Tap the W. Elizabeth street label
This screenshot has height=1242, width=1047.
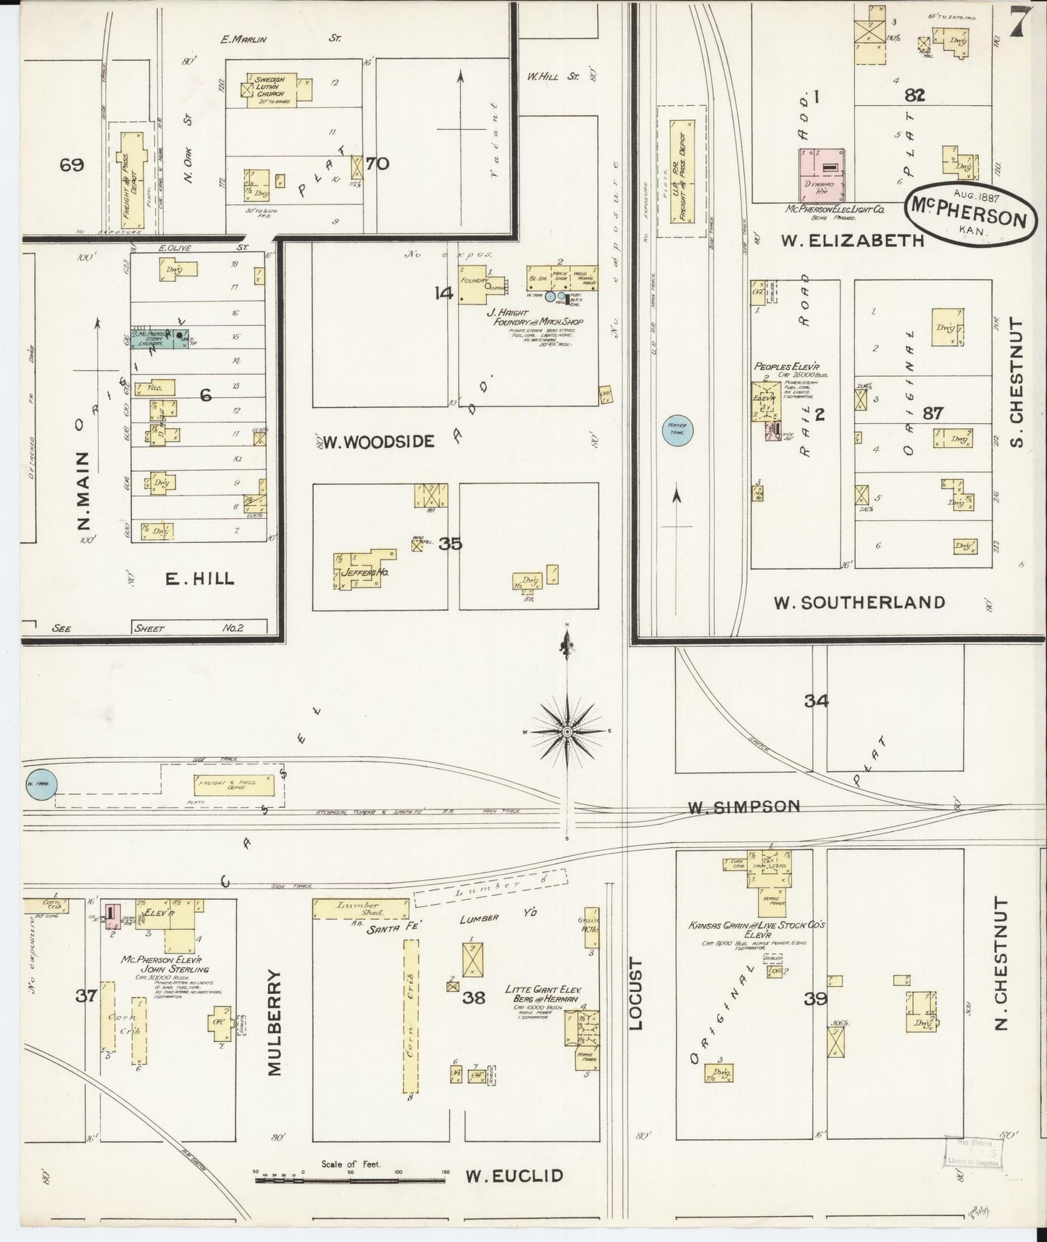coord(854,240)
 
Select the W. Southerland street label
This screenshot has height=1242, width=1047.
coord(859,602)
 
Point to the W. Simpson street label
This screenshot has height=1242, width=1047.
coord(743,806)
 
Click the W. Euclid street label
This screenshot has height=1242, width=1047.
coord(514,1175)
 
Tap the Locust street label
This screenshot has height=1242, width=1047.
coord(635,993)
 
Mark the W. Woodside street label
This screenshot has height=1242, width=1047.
coord(378,441)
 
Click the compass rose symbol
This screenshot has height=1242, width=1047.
coord(567,732)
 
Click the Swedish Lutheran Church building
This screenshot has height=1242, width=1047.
coord(272,90)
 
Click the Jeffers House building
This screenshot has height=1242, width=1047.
coord(362,570)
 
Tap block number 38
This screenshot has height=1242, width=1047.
coord(474,998)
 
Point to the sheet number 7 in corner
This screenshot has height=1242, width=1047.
coord(1019,23)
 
